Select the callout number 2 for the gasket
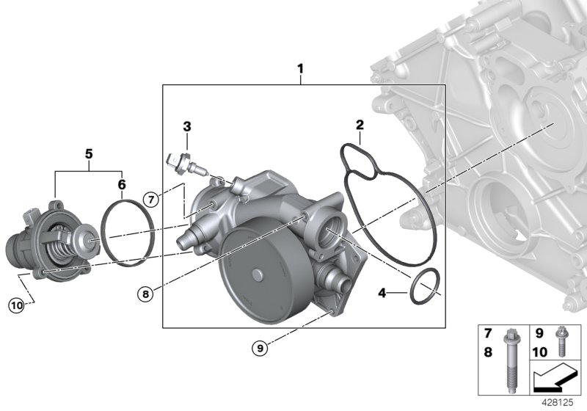tap(360, 125)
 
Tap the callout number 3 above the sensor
tap(187, 126)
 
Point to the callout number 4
tap(382, 294)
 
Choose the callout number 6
tap(122, 183)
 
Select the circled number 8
tap(146, 294)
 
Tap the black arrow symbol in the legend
tap(554, 377)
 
